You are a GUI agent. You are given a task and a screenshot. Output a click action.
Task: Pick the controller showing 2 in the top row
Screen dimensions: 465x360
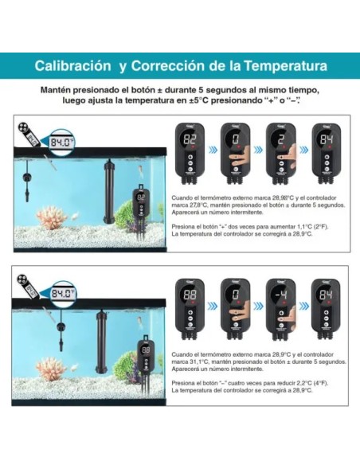[280, 152]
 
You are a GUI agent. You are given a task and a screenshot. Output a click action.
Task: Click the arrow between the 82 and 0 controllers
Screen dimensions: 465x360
[213, 149]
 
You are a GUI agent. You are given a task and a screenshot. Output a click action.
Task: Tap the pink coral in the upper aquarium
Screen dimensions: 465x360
[52, 219]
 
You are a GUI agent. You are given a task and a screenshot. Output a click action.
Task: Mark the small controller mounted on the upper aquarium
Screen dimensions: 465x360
[141, 203]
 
